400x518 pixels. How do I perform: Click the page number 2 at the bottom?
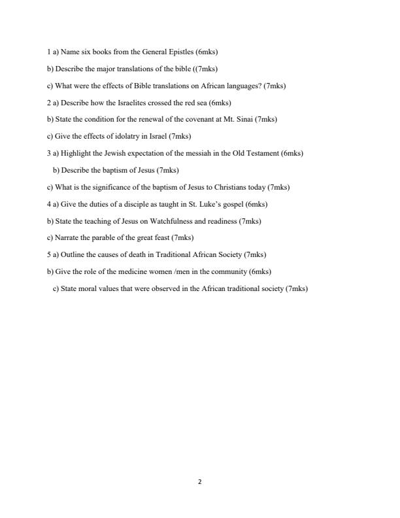tap(199, 482)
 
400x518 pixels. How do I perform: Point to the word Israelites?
tap(138, 103)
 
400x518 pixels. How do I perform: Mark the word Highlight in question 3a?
tap(78, 154)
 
